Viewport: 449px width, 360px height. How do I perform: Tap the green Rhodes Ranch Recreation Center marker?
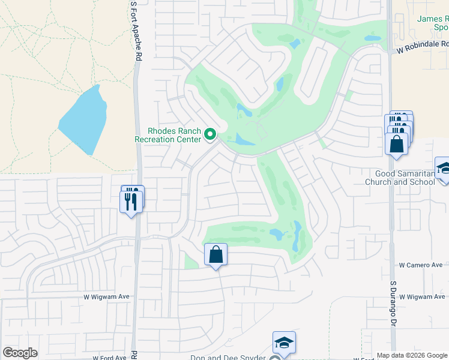click(x=210, y=135)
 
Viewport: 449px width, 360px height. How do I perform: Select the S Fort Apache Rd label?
click(x=137, y=30)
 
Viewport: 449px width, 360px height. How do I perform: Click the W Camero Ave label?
click(x=421, y=265)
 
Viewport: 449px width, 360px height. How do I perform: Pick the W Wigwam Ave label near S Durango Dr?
click(x=423, y=296)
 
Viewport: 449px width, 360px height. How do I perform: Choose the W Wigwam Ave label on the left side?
click(x=107, y=296)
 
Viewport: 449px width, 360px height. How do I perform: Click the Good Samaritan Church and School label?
click(x=401, y=178)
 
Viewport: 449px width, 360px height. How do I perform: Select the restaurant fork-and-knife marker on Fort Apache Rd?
click(x=131, y=200)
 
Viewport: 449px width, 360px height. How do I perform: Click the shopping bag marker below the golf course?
click(x=216, y=255)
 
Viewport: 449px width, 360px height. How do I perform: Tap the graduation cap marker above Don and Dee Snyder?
click(x=284, y=343)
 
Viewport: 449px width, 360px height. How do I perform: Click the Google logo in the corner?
click(x=20, y=353)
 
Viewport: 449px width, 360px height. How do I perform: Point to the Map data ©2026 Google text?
click(x=412, y=355)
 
